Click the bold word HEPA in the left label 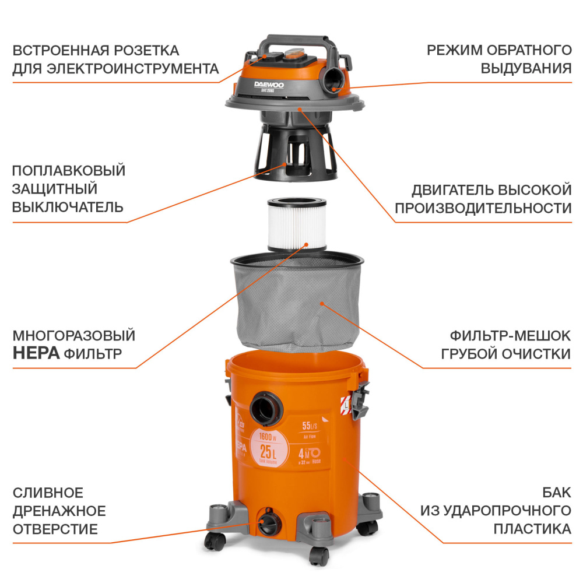[x=36, y=354]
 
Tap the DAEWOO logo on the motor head [x=269, y=85]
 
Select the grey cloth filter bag [x=297, y=303]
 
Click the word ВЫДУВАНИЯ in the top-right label [x=525, y=68]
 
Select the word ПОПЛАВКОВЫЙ [x=69, y=171]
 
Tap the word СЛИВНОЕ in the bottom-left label [x=48, y=493]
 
